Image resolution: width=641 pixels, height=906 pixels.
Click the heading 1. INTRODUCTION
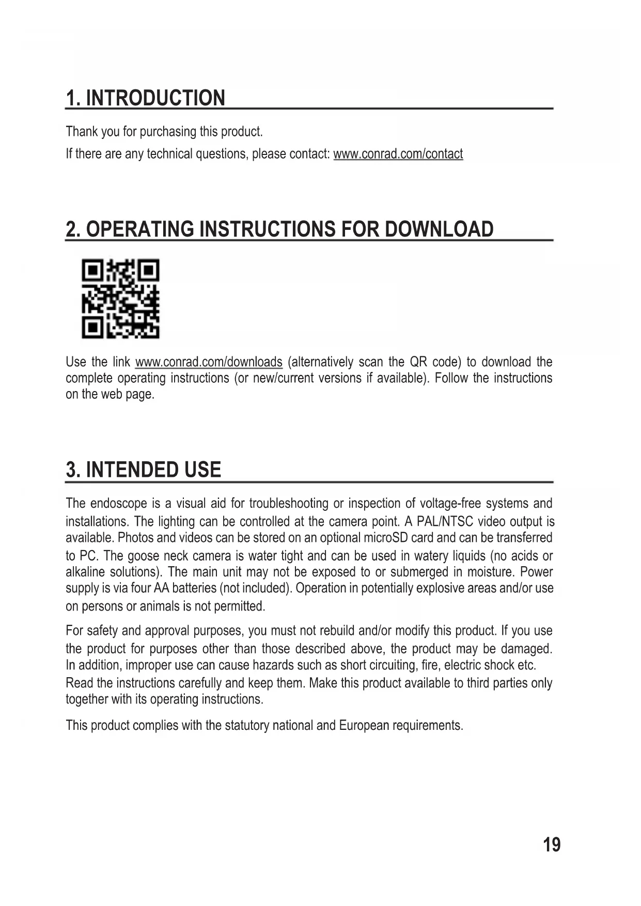(146, 98)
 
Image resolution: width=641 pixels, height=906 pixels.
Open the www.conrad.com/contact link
(398, 154)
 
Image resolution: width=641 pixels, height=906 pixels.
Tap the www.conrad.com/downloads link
(209, 362)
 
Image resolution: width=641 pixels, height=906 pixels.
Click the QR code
(120, 299)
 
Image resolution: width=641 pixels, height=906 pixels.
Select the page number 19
(551, 845)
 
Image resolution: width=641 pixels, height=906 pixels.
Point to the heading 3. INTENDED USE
(144, 470)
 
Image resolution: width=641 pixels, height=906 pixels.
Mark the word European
(364, 725)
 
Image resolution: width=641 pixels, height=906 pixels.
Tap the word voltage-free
(451, 503)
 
